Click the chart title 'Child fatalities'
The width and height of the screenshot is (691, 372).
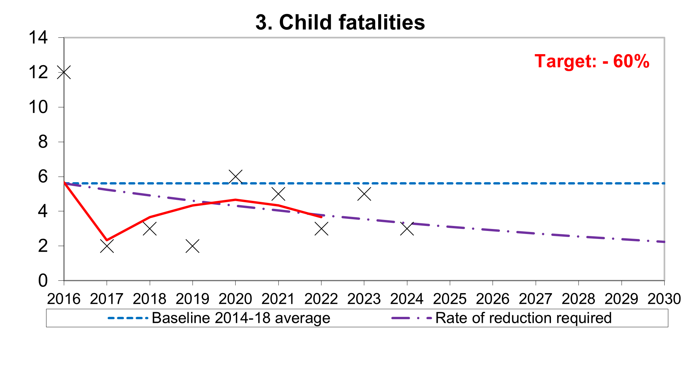coord(340,23)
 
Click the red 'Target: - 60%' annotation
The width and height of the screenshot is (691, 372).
coord(592,61)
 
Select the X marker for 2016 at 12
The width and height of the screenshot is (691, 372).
coord(64,72)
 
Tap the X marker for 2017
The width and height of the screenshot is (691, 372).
coord(107,246)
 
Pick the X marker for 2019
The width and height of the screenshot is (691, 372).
coord(192,246)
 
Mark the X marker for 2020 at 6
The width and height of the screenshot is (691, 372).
coord(235,176)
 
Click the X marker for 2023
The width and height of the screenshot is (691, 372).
coord(364,194)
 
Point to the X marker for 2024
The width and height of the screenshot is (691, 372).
coord(407,229)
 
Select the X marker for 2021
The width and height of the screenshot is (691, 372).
coord(278,194)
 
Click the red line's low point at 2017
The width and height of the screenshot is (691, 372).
coord(107,240)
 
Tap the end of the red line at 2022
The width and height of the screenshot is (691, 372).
coord(321,217)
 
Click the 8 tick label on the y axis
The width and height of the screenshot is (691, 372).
coord(43,142)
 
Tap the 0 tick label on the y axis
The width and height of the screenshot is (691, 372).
coord(43,281)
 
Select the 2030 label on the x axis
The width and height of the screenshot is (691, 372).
coord(664,299)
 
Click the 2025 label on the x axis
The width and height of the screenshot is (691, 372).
coord(450,299)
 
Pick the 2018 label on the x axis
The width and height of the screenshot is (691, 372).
coord(150,299)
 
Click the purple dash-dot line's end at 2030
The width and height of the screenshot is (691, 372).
coord(663,242)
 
